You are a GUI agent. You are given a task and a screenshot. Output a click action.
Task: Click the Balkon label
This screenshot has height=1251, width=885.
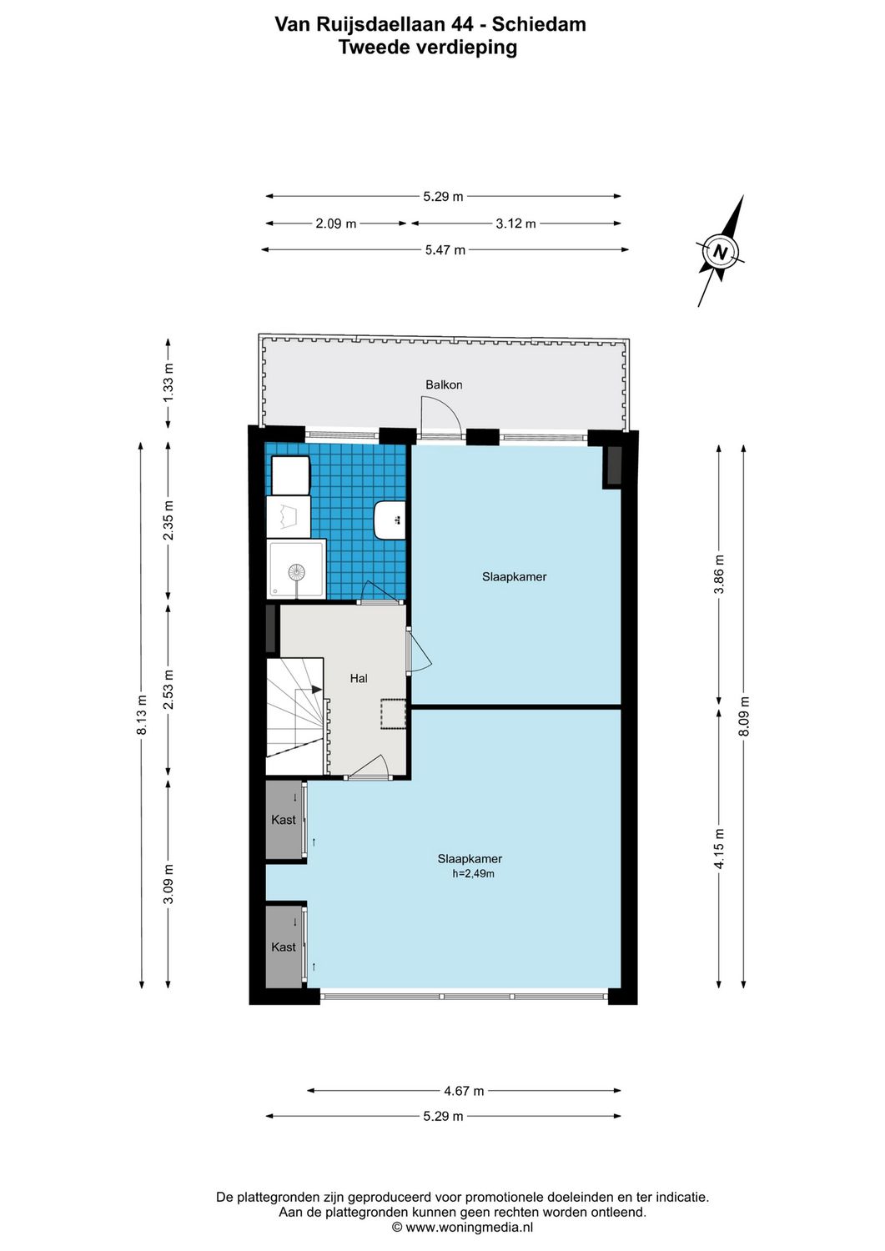[444, 384]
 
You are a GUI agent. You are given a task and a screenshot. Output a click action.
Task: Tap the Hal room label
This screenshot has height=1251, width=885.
[359, 678]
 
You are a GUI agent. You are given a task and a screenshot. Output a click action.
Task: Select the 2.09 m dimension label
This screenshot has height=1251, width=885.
[336, 224]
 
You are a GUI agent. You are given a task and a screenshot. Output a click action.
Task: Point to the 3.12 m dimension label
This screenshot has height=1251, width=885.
[515, 224]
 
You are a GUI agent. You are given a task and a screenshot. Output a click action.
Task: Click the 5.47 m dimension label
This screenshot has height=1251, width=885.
[445, 249]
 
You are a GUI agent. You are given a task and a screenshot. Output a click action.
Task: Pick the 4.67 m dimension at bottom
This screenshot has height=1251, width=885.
[464, 1090]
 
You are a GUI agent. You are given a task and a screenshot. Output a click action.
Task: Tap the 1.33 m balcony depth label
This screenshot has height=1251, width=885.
[168, 385]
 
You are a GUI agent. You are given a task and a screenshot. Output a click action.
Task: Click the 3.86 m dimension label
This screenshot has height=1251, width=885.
[719, 574]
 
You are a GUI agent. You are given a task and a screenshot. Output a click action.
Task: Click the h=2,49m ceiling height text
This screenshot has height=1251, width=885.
[473, 874]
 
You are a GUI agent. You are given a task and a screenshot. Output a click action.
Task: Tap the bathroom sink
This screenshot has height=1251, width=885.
[390, 520]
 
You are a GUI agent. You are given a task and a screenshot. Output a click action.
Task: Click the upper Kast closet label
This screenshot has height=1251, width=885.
[284, 820]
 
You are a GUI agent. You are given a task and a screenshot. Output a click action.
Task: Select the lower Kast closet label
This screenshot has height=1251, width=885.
[284, 947]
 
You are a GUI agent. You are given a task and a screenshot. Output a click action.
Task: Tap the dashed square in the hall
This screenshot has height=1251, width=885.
[393, 714]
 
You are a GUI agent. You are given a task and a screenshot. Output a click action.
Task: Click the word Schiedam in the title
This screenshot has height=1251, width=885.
[539, 24]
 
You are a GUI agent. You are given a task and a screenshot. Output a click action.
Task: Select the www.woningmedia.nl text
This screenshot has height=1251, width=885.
[469, 1227]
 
